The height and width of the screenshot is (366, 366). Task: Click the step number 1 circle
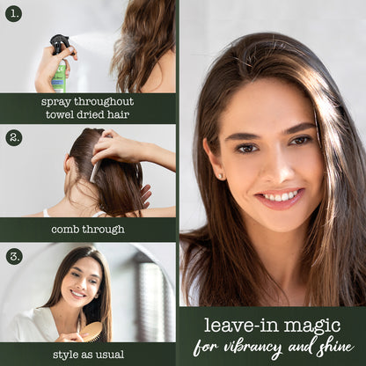click(13, 13)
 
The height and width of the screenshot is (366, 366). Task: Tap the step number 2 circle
click(14, 137)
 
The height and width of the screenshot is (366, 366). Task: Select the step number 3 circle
click(14, 256)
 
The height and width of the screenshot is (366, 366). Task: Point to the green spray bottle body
click(60, 76)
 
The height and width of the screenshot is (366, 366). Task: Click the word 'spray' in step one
click(56, 102)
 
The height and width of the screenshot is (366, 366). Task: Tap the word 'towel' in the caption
click(60, 114)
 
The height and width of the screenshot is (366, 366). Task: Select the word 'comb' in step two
click(66, 229)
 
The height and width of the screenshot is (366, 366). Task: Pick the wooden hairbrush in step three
click(91, 332)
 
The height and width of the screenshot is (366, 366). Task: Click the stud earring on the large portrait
click(221, 176)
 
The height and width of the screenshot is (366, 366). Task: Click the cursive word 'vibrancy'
click(253, 348)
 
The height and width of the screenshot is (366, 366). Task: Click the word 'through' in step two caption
click(103, 230)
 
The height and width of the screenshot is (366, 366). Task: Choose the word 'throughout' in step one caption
click(104, 102)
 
